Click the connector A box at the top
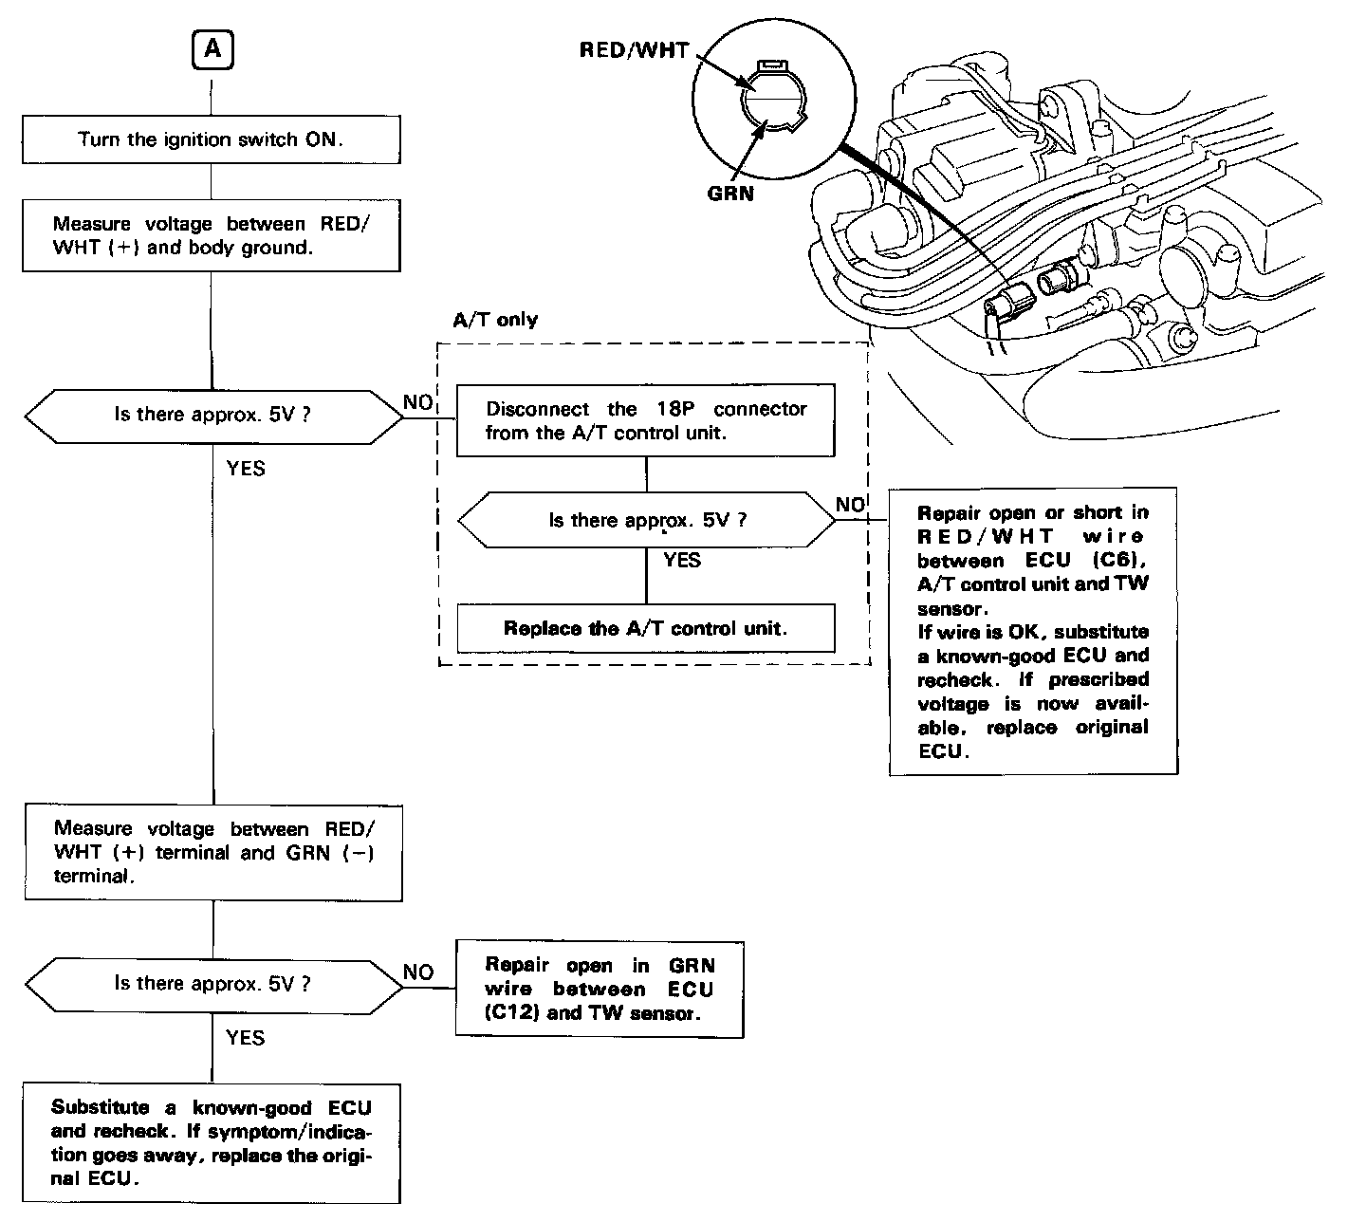click(x=212, y=49)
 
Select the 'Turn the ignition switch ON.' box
click(x=211, y=139)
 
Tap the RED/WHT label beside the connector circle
click(x=634, y=50)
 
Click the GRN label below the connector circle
click(x=730, y=193)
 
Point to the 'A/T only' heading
click(x=495, y=320)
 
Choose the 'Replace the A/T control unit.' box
click(x=645, y=628)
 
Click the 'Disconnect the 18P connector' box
click(x=645, y=420)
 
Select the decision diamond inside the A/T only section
click(x=646, y=520)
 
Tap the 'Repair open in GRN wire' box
click(x=600, y=990)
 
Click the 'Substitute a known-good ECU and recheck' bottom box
click(x=212, y=1143)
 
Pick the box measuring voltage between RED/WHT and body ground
click(x=211, y=236)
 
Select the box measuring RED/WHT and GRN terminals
click(x=213, y=852)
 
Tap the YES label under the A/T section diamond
click(x=682, y=561)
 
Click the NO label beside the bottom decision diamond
click(x=418, y=972)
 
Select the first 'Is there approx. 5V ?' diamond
click(x=212, y=415)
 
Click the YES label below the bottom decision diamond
click(x=246, y=1038)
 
